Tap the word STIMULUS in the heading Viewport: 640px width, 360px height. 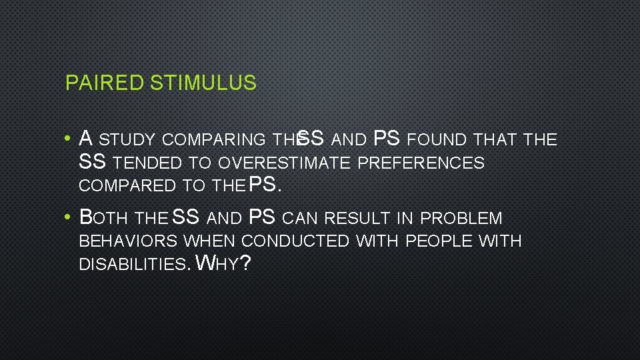[x=203, y=83]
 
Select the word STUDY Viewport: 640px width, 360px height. [x=127, y=140]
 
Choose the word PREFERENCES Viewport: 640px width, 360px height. [x=421, y=163]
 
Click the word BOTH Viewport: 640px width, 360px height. [x=104, y=219]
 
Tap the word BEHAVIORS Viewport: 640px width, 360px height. [x=128, y=241]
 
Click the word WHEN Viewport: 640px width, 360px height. [x=209, y=241]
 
